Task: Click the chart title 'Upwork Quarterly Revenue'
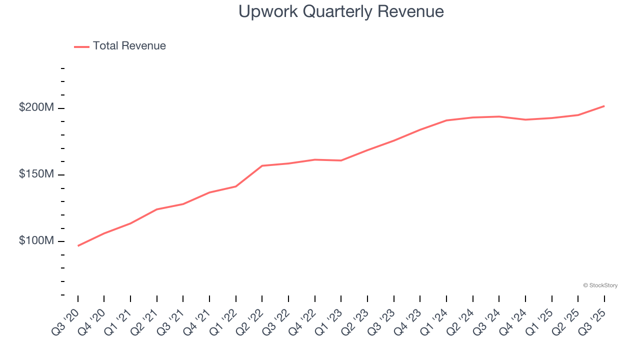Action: coord(341,11)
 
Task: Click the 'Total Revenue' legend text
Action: coord(129,46)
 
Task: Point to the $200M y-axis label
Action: coord(36,107)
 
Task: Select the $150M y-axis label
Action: coord(36,174)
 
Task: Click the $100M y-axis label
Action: coord(36,240)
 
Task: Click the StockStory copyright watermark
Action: coord(600,285)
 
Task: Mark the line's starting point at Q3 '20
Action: coord(78,246)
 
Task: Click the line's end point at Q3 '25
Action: coord(604,106)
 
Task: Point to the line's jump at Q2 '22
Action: coord(262,165)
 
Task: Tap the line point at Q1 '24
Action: coord(446,120)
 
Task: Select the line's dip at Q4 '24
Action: coord(525,119)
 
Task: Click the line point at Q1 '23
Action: coord(341,160)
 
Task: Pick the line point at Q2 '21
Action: coord(157,209)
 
